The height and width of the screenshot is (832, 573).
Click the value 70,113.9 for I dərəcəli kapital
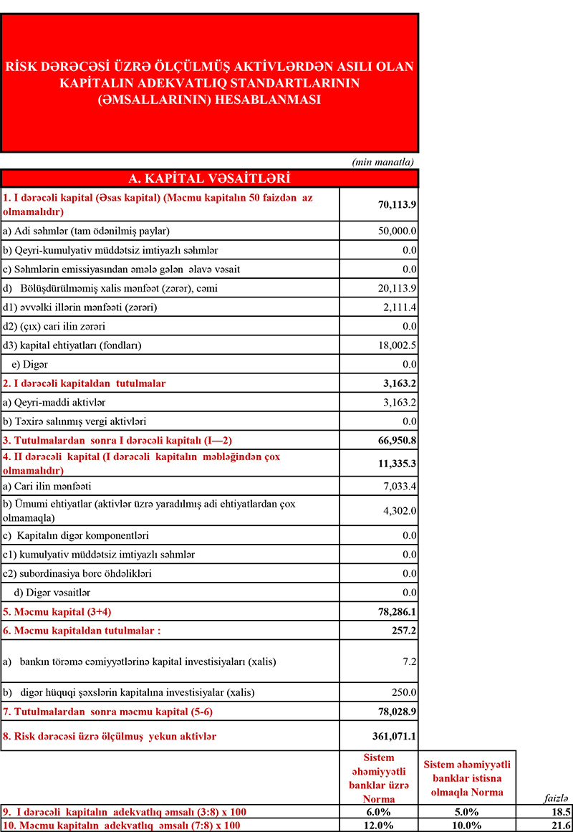(398, 204)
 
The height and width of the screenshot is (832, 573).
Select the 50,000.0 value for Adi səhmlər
(398, 231)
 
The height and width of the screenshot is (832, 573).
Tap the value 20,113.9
(398, 289)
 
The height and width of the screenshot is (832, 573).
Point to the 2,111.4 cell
(401, 307)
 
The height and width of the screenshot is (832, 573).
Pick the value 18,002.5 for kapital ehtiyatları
(398, 345)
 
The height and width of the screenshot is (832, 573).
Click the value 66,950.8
(398, 439)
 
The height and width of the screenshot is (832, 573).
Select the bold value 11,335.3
(398, 464)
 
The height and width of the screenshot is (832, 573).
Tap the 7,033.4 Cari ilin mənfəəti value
(401, 488)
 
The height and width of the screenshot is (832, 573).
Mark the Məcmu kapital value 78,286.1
(398, 611)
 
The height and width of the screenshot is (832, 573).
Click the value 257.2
(405, 630)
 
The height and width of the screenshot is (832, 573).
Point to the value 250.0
(405, 692)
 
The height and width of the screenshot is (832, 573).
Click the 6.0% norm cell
(378, 812)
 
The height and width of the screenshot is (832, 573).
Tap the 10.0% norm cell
(467, 826)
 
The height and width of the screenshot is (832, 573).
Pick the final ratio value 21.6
(562, 826)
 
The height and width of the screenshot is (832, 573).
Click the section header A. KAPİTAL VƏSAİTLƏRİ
(208, 178)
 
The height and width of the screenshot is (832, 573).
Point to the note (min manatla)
(383, 162)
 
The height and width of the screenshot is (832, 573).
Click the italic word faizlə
(557, 798)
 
